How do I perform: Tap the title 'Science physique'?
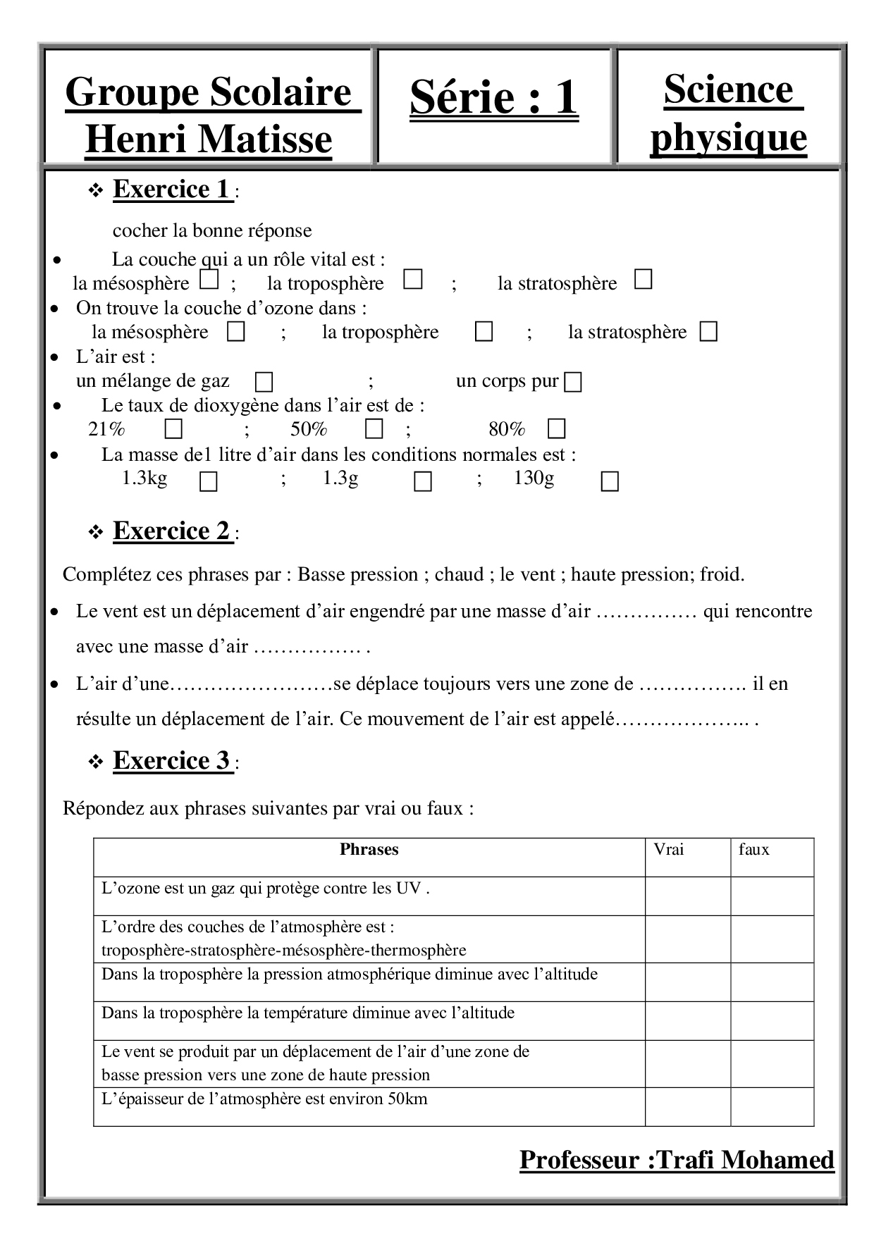(x=728, y=113)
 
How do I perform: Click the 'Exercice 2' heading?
(x=172, y=531)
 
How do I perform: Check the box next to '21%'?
(x=173, y=428)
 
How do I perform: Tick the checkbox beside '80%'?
(x=557, y=428)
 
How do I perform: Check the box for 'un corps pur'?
(x=574, y=383)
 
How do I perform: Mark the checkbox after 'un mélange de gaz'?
(x=264, y=383)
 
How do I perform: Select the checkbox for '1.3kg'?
(x=209, y=482)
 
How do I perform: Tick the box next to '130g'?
(x=610, y=482)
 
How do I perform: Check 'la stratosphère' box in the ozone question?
(x=708, y=332)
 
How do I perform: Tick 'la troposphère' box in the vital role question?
(x=413, y=280)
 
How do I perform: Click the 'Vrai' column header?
(x=669, y=850)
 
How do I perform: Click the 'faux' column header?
(x=753, y=850)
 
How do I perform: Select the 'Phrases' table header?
(x=369, y=850)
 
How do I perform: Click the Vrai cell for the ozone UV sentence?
(x=687, y=896)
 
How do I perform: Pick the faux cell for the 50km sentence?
(x=772, y=1106)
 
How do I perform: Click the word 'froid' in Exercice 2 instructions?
(x=720, y=575)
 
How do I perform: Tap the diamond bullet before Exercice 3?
(x=96, y=762)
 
